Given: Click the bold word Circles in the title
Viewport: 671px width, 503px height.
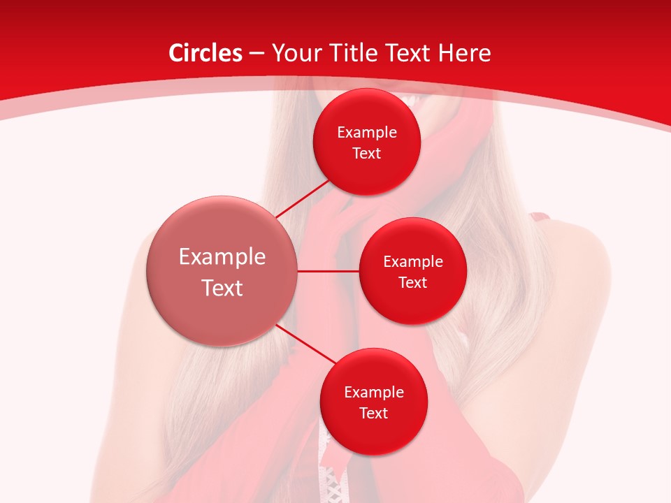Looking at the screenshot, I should (205, 53).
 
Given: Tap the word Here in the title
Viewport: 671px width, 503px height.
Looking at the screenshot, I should (465, 53).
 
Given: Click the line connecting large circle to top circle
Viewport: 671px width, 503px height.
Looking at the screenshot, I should (302, 198).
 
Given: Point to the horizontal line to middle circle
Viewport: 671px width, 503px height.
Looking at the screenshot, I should (328, 271).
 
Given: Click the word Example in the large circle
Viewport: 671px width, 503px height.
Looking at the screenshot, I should (222, 257).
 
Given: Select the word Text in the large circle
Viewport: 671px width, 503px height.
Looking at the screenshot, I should (222, 288).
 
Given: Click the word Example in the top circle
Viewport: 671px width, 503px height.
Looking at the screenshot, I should (367, 133).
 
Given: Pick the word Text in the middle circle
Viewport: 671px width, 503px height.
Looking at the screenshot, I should (412, 282).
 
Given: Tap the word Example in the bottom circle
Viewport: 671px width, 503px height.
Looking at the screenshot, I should (373, 393).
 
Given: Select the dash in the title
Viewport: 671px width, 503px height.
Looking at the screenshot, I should (257, 53).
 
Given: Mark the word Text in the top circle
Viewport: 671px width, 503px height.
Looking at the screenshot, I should (367, 154).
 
